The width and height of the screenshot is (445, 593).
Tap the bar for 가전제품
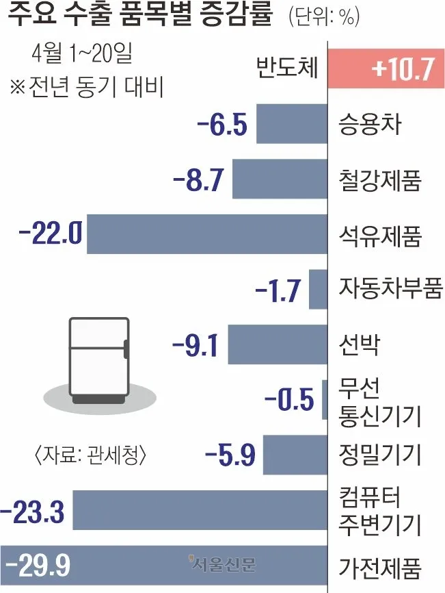pyautogui.click(x=164, y=565)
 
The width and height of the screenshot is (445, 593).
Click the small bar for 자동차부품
pyautogui.click(x=319, y=289)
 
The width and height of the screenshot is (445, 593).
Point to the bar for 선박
pyautogui.click(x=278, y=344)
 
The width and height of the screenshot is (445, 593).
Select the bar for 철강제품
pyautogui.click(x=280, y=179)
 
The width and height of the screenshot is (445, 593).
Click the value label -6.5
pyautogui.click(x=221, y=126)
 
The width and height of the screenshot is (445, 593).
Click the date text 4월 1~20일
pyautogui.click(x=83, y=53)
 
